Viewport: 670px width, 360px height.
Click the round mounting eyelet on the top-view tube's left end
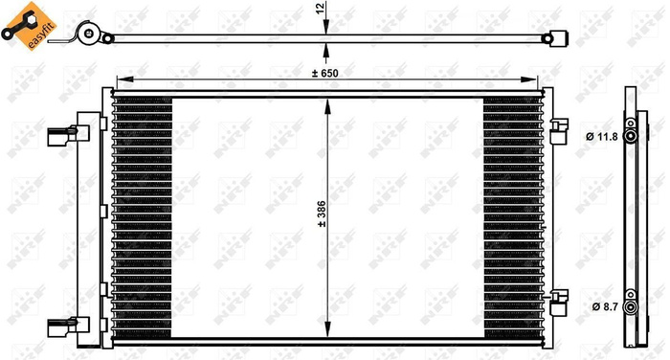click(88, 38)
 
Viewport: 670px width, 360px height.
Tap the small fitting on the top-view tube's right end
click(552, 39)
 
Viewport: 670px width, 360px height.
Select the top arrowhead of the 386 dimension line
click(328, 101)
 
